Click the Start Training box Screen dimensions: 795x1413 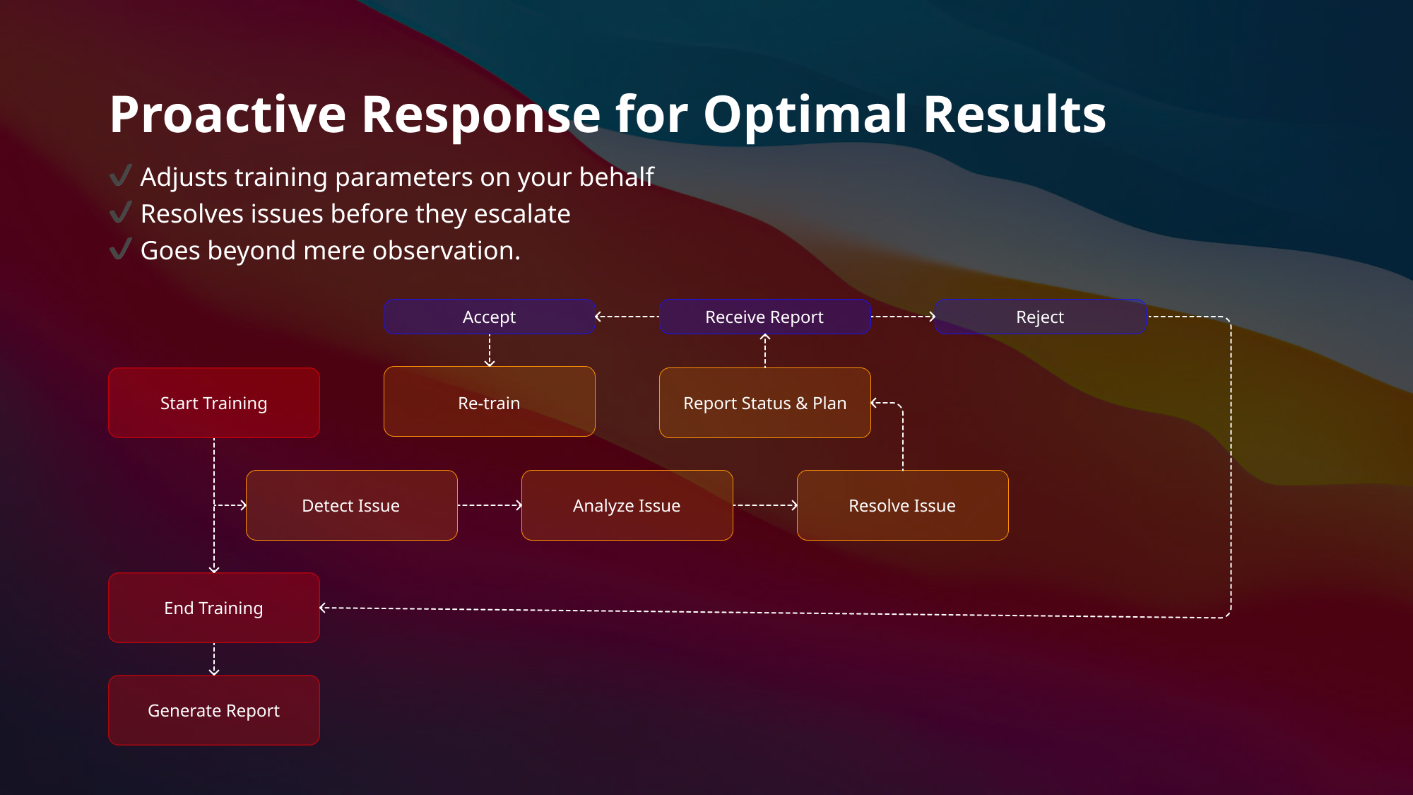tap(213, 403)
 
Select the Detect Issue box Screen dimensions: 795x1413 tap(351, 505)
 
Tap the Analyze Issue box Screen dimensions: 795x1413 tap(627, 505)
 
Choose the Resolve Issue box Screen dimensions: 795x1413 tap(902, 505)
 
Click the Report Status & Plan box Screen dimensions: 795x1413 tap(764, 403)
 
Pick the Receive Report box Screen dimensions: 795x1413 tap(764, 317)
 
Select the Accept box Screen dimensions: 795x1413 tap(489, 317)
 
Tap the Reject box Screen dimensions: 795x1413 tap(1040, 317)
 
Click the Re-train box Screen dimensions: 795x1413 tap(489, 402)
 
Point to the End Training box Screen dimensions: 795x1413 tap(213, 608)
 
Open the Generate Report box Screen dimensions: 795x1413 tap(213, 710)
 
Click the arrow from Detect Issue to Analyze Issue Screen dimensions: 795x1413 tap(490, 505)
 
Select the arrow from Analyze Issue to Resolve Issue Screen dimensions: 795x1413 tap(765, 505)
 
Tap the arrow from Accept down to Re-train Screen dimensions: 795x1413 tap(490, 351)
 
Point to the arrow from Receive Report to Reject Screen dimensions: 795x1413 tap(903, 317)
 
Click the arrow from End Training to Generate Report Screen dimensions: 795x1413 tap(214, 659)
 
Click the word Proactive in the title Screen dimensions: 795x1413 tap(227, 114)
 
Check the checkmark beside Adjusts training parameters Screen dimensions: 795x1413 tap(121, 175)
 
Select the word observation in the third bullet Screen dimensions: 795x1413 tap(444, 251)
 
